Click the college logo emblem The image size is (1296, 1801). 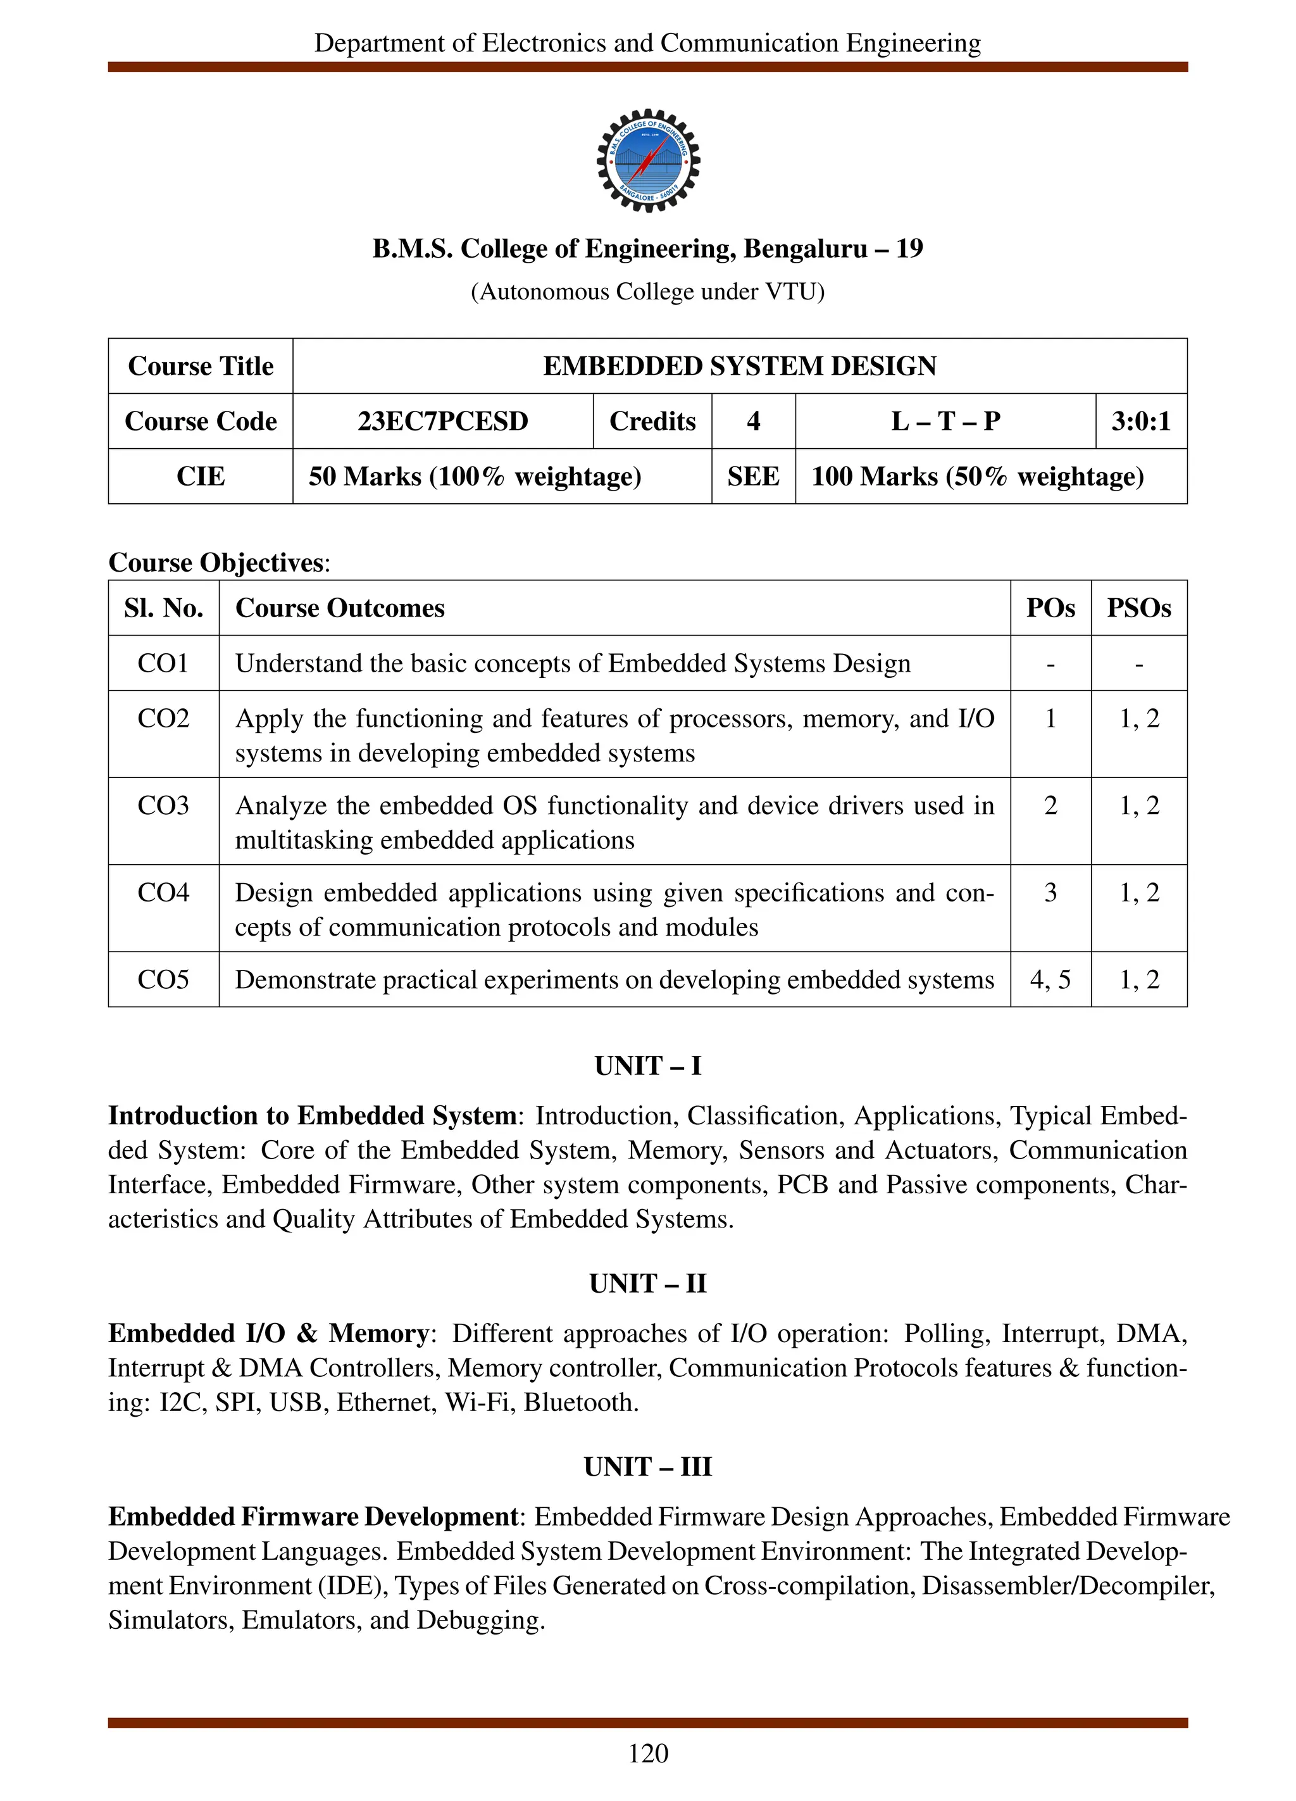point(647,160)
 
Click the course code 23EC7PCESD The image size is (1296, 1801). point(442,421)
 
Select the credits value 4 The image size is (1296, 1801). point(753,421)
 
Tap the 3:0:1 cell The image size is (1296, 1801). point(1140,421)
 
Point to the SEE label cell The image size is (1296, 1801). point(753,477)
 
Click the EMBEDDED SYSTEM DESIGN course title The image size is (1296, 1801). point(740,366)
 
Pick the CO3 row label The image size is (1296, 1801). point(163,805)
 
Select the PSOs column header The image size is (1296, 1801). point(1139,608)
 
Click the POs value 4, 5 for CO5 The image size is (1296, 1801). point(1050,980)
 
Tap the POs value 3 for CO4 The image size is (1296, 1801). point(1050,893)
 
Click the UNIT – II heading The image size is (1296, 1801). point(647,1283)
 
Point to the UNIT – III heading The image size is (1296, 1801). point(647,1467)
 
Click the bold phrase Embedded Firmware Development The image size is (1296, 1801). point(313,1517)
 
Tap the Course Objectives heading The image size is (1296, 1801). point(218,562)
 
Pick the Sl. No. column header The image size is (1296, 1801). point(163,608)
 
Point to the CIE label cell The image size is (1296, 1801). point(201,477)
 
